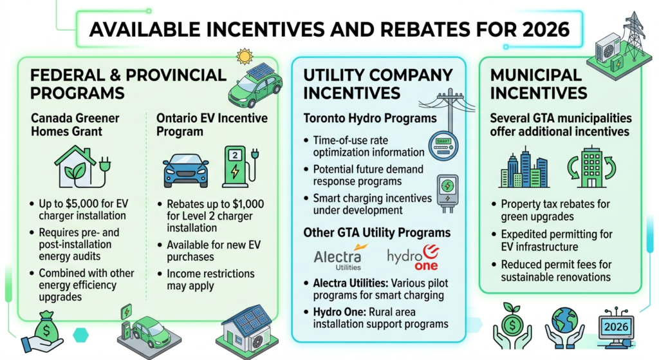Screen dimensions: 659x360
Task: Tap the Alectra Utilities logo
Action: click(337, 257)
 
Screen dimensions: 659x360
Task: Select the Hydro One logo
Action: click(414, 257)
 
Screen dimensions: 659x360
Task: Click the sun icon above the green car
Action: click(245, 57)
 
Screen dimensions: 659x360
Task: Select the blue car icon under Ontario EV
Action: click(186, 169)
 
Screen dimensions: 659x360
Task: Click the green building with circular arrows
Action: click(591, 167)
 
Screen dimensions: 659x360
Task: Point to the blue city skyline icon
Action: click(524, 167)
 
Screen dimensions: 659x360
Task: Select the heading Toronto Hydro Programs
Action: click(370, 118)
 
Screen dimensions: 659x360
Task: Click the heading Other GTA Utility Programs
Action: click(376, 232)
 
